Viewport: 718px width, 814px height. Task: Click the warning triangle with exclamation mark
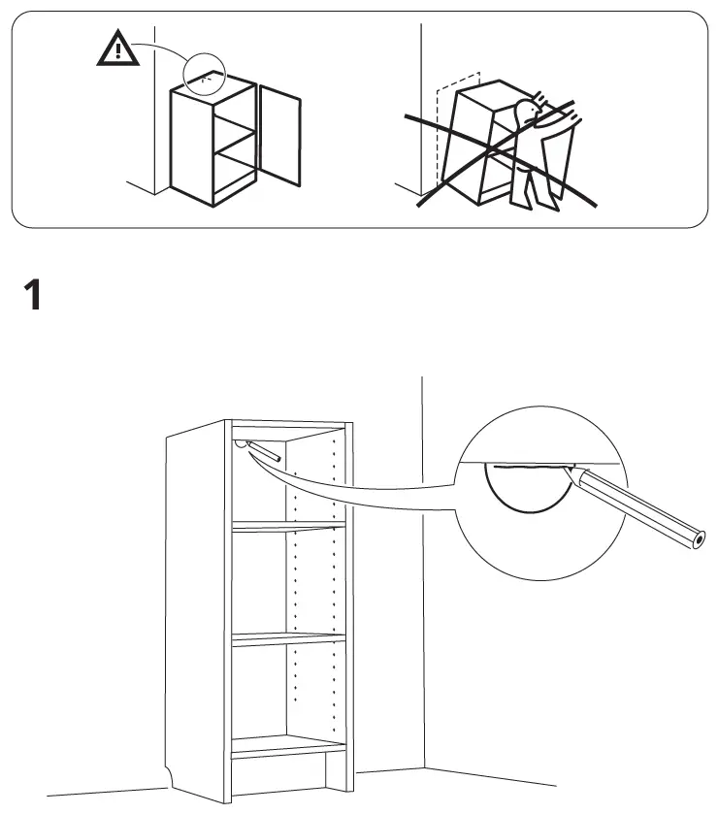117,49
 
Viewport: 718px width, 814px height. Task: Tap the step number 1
33,295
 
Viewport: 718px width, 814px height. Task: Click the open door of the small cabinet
279,135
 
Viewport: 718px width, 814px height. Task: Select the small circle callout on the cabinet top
205,74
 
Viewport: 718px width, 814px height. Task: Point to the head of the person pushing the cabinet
528,112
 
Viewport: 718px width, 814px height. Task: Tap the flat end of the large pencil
699,539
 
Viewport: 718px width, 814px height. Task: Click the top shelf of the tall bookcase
288,527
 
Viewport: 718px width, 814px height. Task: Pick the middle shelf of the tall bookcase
288,639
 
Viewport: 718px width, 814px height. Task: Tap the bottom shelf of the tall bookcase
288,746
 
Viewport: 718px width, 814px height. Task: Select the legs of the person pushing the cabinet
535,188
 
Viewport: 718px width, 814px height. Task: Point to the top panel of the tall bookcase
288,424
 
